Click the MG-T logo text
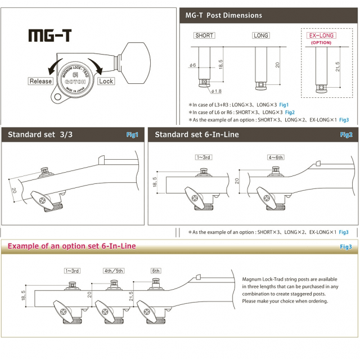49,35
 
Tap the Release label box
40,81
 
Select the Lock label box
105,81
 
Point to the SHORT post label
204,35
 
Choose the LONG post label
261,35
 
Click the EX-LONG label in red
321,35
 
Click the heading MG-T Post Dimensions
223,15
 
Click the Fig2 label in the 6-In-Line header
346,134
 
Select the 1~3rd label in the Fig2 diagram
203,157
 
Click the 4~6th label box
276,157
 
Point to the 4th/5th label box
114,271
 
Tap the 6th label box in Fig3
156,271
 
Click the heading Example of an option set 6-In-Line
71,246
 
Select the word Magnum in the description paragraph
254,280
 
